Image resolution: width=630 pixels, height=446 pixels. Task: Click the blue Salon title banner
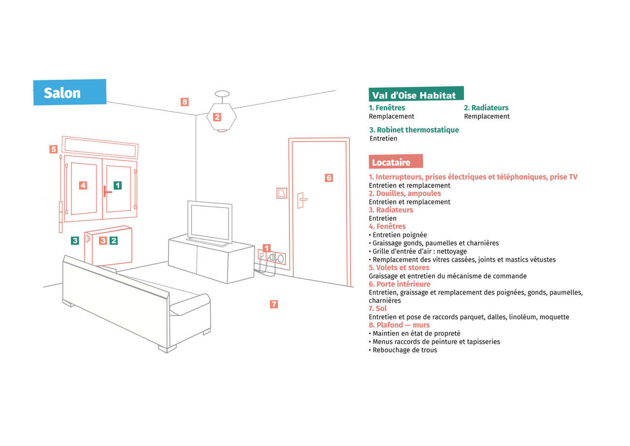[x=70, y=92]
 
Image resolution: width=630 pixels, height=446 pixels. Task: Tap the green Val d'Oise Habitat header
[x=416, y=94]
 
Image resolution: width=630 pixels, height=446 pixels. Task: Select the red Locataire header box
[x=396, y=162]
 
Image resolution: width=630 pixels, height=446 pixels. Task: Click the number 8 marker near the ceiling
[x=185, y=102]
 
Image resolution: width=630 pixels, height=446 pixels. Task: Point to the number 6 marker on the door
[x=329, y=178]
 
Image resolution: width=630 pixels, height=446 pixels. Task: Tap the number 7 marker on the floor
[x=274, y=304]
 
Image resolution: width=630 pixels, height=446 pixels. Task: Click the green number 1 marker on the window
[x=118, y=185]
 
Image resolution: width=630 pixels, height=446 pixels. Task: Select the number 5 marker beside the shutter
[x=54, y=149]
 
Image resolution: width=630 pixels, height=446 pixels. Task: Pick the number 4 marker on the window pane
[x=83, y=185]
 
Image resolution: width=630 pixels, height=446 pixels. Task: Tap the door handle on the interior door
[x=302, y=200]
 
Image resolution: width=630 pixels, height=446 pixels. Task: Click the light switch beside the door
[x=282, y=193]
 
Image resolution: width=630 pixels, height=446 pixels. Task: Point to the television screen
[x=210, y=222]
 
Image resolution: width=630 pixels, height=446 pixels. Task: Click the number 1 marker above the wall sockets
[x=266, y=248]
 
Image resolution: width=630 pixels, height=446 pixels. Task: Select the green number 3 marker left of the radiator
[x=75, y=240]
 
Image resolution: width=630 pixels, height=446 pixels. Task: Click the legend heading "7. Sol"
[x=378, y=309]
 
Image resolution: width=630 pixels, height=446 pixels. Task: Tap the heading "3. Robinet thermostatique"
[x=414, y=130]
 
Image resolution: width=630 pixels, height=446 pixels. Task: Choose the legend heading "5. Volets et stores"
[x=399, y=268]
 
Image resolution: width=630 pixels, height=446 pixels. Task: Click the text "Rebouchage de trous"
[x=405, y=350]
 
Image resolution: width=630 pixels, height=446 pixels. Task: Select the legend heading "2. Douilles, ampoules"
[x=405, y=194]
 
